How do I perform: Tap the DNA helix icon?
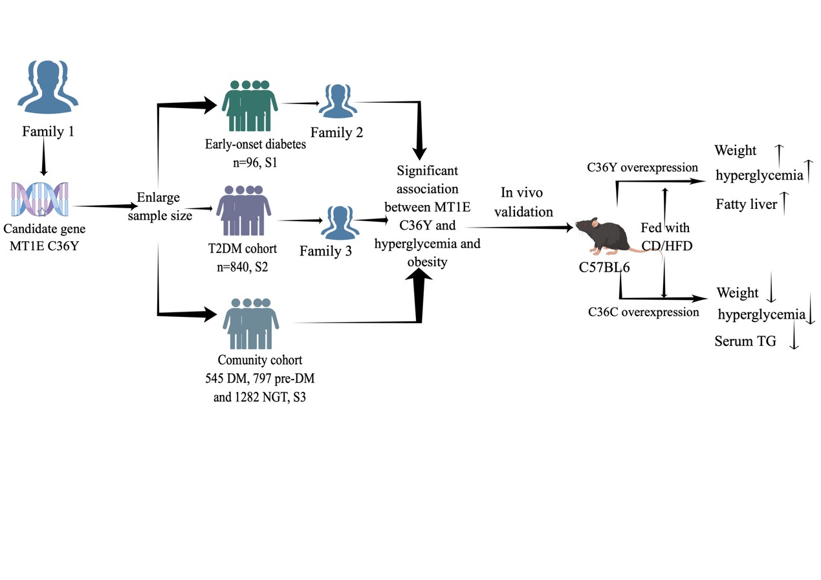point(40,200)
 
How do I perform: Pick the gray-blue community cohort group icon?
point(251,323)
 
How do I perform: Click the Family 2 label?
point(336,133)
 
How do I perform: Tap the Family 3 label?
point(325,251)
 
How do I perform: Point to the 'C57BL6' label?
point(604,267)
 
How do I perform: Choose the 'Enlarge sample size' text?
point(159,206)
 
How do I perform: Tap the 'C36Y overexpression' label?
point(642,167)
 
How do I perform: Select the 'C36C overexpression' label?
point(644,312)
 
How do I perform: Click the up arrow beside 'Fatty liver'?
point(785,204)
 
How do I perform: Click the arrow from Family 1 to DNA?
point(43,158)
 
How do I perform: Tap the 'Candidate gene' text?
point(44,229)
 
